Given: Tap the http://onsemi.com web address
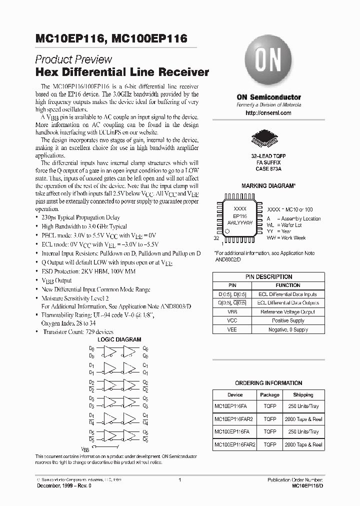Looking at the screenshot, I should coord(268,113).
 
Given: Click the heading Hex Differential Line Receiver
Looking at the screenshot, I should coord(122,72).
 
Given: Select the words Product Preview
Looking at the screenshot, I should coord(73,59).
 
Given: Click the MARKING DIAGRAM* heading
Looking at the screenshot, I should coord(268,186).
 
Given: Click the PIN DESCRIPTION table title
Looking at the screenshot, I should coord(268,276).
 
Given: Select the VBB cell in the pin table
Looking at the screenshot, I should coord(232,311).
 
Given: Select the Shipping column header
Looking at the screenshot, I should coord(303,394).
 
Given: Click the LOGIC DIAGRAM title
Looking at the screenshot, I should coord(119,339).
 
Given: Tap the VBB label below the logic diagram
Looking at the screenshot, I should coord(85,449).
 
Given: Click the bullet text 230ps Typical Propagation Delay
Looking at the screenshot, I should coord(80,217).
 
